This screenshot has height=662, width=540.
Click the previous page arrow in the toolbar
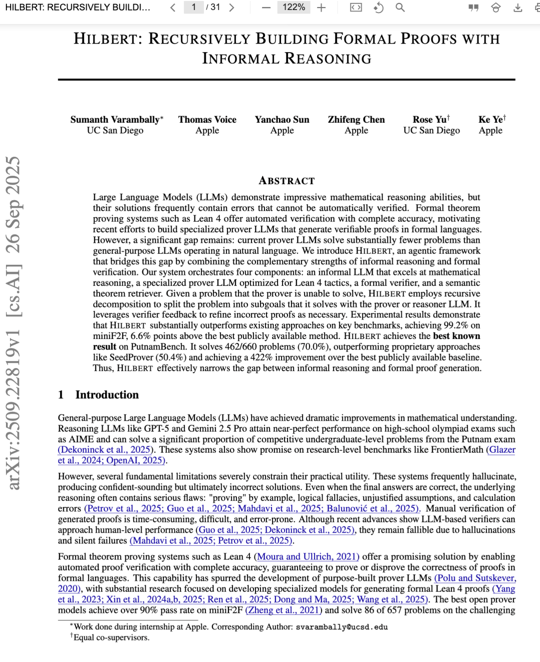(173, 8)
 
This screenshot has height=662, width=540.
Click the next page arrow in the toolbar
(231, 8)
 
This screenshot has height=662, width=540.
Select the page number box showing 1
(193, 8)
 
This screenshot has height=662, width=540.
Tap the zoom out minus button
(266, 8)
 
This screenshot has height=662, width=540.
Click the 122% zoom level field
(293, 8)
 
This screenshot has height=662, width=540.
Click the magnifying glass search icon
(400, 8)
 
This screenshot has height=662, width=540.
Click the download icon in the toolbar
(518, 8)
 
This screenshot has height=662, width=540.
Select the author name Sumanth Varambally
(114, 120)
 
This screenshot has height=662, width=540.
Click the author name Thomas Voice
(207, 120)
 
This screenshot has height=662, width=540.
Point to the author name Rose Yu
(429, 120)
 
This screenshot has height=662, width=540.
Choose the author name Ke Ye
(490, 120)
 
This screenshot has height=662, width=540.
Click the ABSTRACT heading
(286, 181)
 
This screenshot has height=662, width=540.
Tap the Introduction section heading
(106, 395)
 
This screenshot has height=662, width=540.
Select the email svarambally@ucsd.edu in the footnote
(341, 627)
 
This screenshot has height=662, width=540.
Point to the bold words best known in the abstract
(456, 336)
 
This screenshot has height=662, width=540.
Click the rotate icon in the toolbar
(378, 8)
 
